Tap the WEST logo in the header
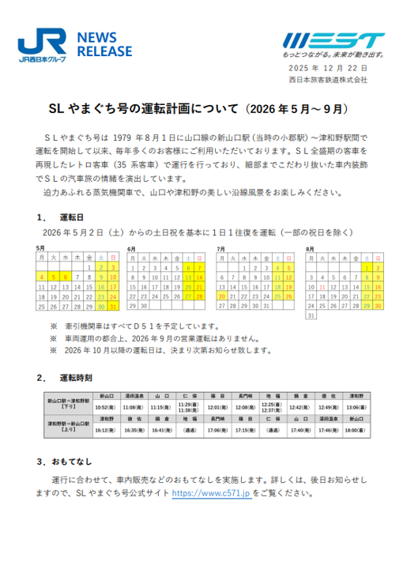[x=333, y=40]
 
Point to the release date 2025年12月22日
[x=329, y=70]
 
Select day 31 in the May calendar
[x=112, y=306]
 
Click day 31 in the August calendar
[x=311, y=315]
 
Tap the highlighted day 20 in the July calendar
[x=222, y=296]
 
